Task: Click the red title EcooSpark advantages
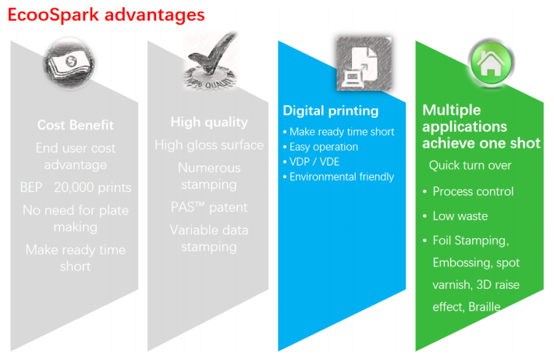(106, 15)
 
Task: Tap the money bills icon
(69, 63)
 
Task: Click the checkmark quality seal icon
(211, 61)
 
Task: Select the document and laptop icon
(364, 64)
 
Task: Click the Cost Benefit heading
(76, 125)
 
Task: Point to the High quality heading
(209, 122)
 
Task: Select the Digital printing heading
(331, 111)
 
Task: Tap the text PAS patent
(209, 207)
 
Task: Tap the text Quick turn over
(471, 165)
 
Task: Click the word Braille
(484, 307)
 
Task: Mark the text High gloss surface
(209, 145)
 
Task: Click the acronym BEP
(31, 187)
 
